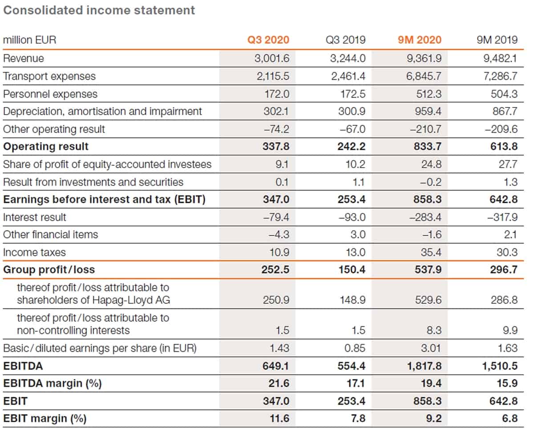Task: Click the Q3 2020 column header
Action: point(268,40)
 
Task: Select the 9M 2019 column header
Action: point(497,40)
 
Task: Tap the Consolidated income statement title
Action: point(99,10)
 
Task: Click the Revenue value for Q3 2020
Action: point(272,58)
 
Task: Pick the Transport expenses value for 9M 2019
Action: point(500,76)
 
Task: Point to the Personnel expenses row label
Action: point(50,94)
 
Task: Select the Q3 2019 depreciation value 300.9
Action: point(352,111)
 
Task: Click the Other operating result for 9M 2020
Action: point(425,129)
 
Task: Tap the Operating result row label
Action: point(46,146)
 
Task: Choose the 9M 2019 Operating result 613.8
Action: point(504,146)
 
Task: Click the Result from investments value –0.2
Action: point(431,182)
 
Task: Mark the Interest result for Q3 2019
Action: point(352,217)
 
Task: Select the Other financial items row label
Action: point(50,234)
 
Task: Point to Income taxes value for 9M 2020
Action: point(431,252)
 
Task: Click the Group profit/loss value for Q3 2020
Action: point(275,270)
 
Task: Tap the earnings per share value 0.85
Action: point(355,348)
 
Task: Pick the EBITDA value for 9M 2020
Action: point(424,366)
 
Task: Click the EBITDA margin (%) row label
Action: point(53,383)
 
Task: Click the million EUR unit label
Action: point(29,40)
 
